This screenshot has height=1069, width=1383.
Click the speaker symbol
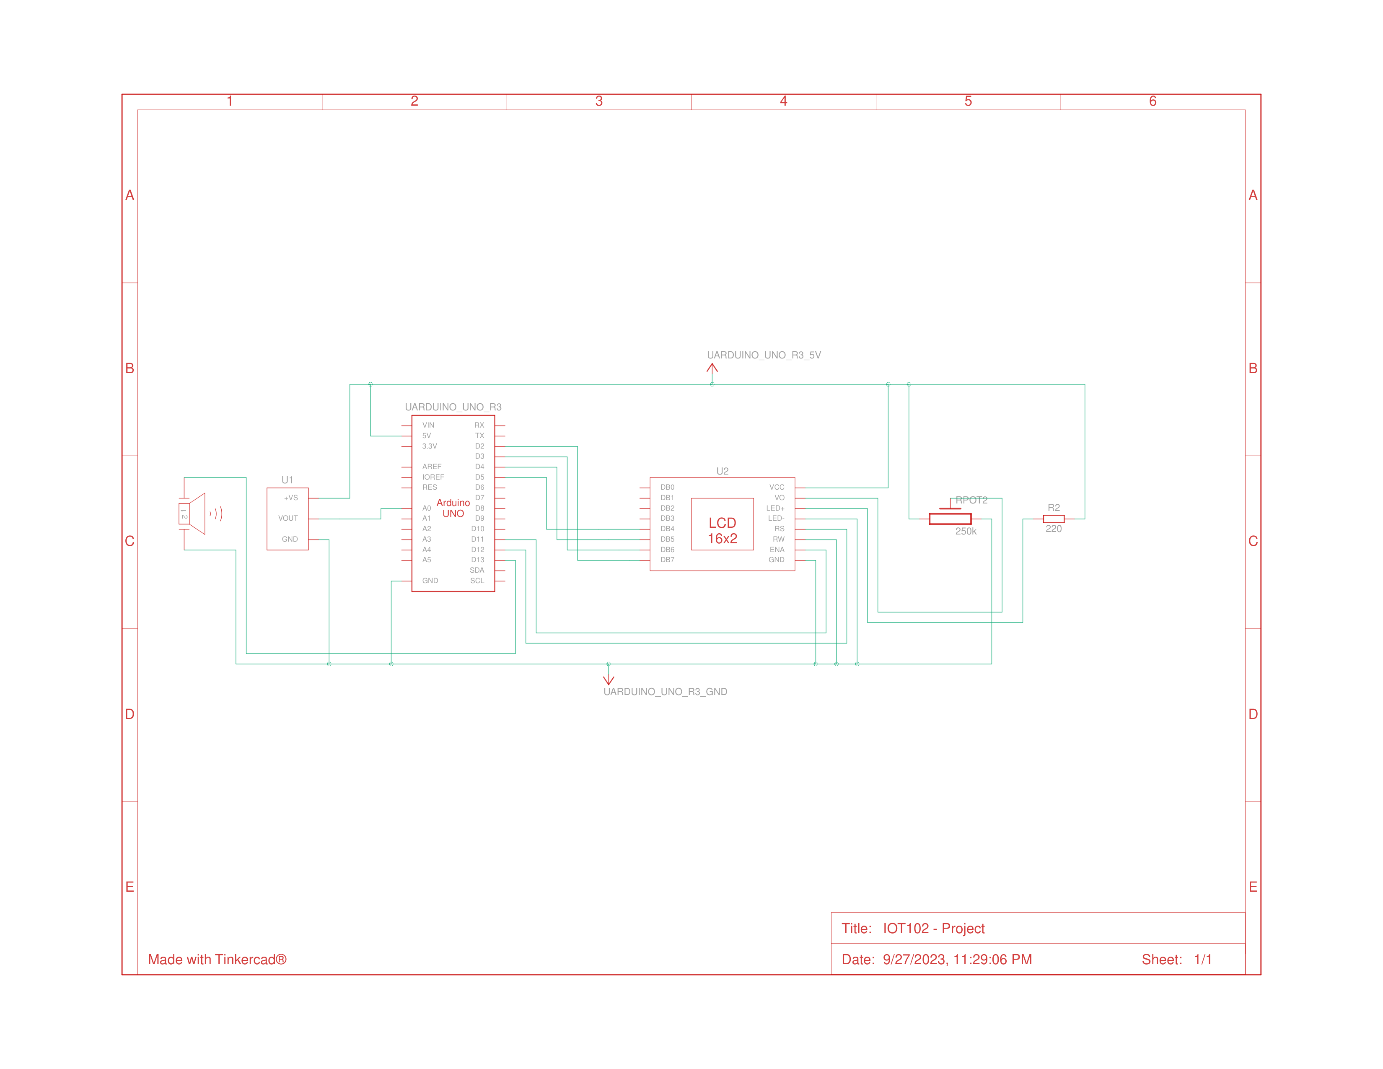194,514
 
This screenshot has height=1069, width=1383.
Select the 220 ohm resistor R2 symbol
1053,519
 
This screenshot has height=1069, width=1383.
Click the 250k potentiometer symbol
950,518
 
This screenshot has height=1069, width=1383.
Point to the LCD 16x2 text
722,531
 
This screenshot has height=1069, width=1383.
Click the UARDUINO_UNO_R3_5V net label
764,355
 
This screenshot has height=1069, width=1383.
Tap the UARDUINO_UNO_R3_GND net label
665,692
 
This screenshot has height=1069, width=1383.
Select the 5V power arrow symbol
712,369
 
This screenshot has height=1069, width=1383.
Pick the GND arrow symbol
609,679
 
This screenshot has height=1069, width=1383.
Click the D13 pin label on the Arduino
477,560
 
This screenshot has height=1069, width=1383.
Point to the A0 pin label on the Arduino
426,508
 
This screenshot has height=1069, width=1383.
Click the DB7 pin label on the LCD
668,560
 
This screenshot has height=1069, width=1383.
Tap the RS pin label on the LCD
779,529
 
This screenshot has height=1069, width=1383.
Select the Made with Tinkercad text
217,960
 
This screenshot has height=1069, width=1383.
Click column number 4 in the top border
783,101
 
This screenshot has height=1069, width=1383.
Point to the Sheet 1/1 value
1202,960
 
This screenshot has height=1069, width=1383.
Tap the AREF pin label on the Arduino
431,467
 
